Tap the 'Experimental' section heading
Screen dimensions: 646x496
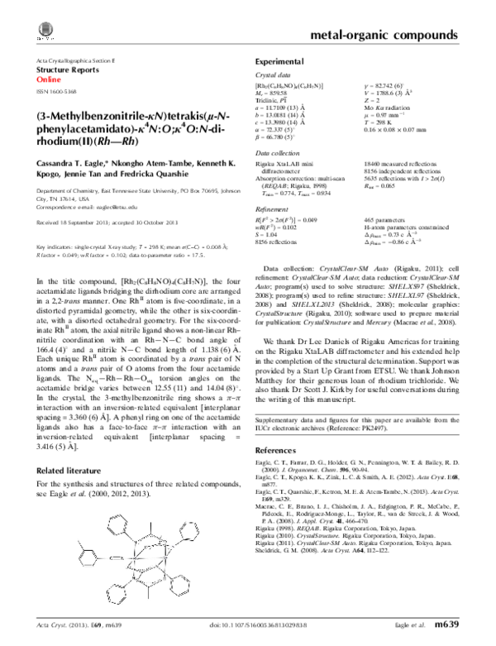pyautogui.click(x=278, y=62)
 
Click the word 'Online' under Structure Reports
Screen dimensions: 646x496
pyautogui.click(x=50, y=81)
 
